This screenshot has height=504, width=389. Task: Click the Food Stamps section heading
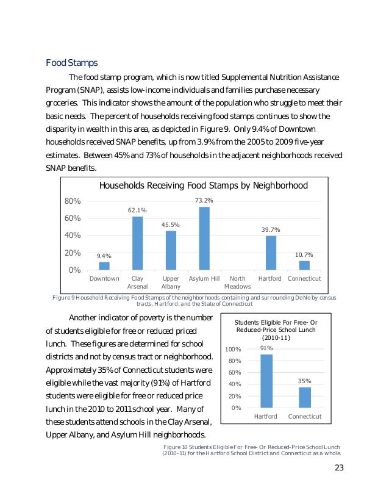tap(72, 63)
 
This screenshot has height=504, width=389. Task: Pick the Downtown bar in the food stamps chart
tap(104, 265)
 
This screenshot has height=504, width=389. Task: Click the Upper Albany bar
tap(171, 250)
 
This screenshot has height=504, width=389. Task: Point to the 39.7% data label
tap(271, 229)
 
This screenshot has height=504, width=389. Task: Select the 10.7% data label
tap(304, 254)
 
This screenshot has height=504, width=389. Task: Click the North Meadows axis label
tap(237, 283)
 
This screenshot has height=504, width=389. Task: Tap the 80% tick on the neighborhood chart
tap(73, 201)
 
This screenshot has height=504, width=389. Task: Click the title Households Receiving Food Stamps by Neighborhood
tap(203, 185)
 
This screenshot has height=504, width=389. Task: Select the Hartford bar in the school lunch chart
tap(266, 381)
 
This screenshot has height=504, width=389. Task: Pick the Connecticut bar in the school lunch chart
tap(304, 397)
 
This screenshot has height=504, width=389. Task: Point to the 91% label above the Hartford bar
tap(266, 348)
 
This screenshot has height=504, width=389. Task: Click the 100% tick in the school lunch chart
tap(234, 350)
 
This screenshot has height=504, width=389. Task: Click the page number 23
tap(340, 468)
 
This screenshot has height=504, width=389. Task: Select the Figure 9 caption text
tap(194, 300)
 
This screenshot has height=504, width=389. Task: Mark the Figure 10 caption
tap(251, 450)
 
